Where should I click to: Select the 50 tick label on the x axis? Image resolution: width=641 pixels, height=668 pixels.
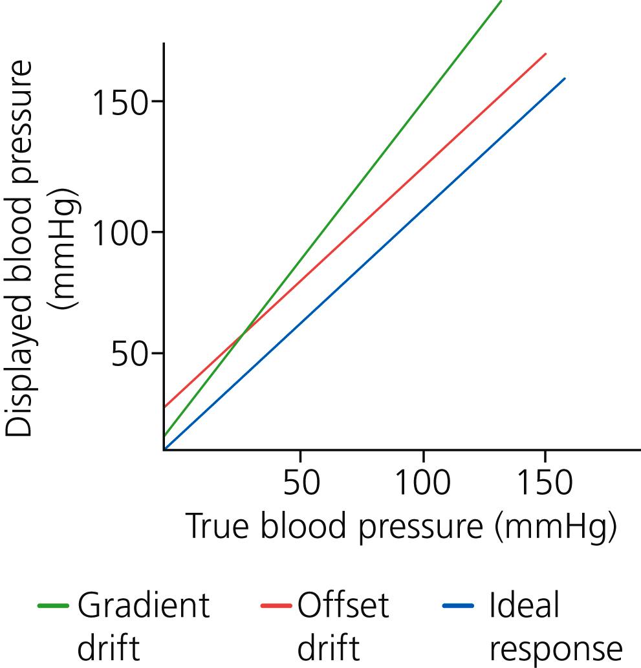301,482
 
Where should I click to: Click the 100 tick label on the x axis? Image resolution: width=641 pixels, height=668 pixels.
422,482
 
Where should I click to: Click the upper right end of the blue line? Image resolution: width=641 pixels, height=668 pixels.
565,79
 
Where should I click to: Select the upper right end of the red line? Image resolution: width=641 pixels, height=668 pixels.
546,54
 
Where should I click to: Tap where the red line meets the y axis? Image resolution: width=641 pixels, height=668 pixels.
164,407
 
